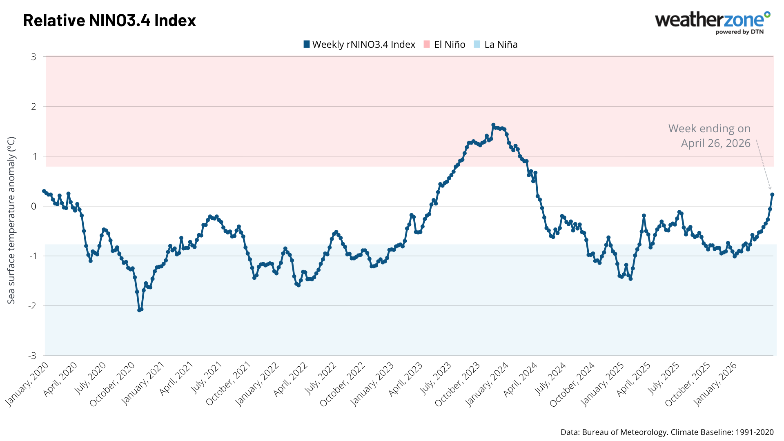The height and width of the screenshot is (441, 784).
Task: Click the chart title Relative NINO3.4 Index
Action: pos(109,20)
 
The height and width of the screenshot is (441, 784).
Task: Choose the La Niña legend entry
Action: pos(496,45)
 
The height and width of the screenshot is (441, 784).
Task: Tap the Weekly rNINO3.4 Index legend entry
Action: pos(359,45)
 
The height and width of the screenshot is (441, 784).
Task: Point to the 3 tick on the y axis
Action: pos(34,57)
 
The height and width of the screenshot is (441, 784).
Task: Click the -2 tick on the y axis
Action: pos(32,306)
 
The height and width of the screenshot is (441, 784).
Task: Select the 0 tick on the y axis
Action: pos(34,206)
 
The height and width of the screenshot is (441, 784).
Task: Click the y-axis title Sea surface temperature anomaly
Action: pos(11,220)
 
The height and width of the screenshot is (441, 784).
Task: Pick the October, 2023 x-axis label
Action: pos(457,385)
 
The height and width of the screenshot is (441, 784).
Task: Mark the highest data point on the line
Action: pos(493,125)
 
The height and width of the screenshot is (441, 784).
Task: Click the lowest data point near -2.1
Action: pos(139,310)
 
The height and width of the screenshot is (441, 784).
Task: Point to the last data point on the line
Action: pos(772,195)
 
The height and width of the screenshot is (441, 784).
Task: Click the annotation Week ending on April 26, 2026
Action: pos(710,136)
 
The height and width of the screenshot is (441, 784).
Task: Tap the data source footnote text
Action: pos(667,432)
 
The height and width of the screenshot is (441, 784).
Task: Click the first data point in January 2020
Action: pos(44,191)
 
